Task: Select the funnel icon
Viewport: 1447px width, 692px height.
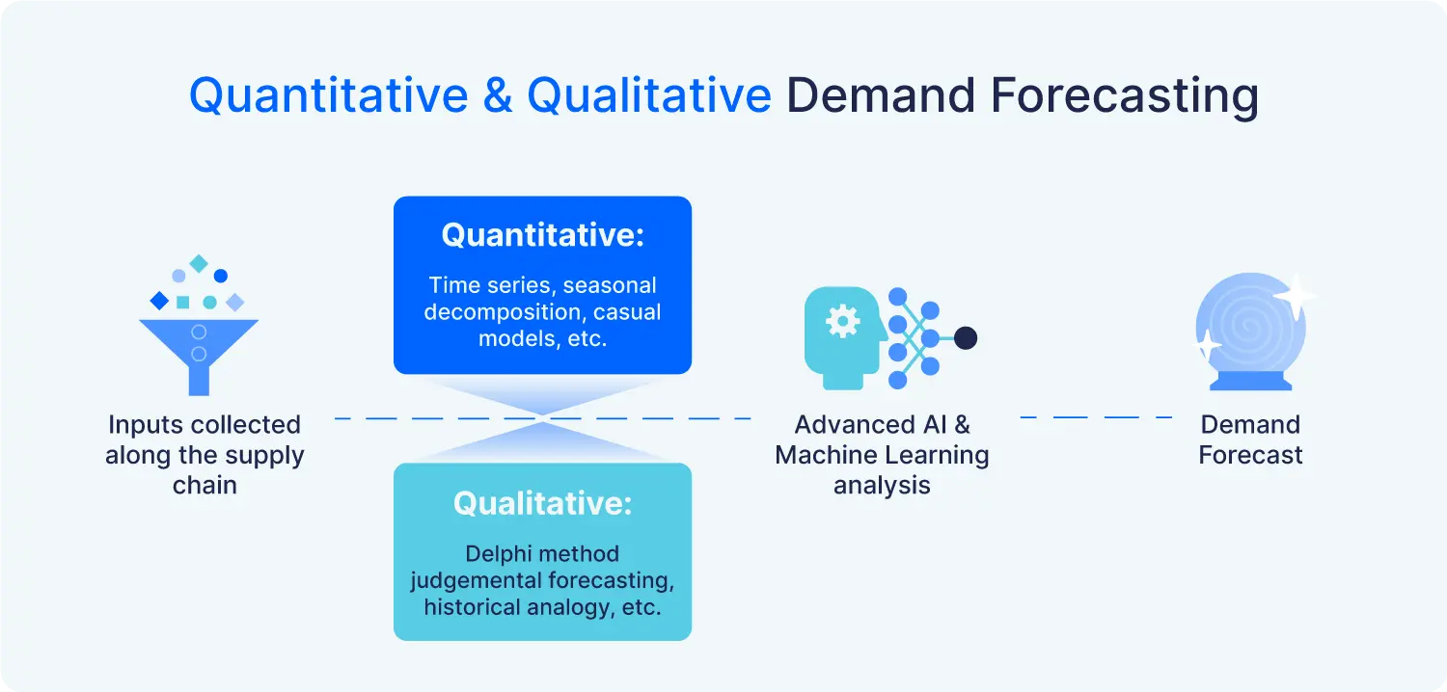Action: pos(199,352)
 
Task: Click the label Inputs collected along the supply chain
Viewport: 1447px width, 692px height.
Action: pos(205,455)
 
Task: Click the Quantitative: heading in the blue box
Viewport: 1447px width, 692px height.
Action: pos(542,235)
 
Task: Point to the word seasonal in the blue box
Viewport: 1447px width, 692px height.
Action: pos(610,285)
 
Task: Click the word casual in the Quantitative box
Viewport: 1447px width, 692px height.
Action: pos(627,312)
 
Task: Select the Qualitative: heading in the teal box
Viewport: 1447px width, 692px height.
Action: pos(542,503)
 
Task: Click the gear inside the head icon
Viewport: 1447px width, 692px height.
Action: pos(842,323)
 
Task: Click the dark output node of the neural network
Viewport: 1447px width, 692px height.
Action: pos(965,338)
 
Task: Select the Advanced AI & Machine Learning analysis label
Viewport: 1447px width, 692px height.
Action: pos(882,455)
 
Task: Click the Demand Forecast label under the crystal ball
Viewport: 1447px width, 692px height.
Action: pos(1250,439)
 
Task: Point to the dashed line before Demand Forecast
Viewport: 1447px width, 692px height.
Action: pos(1096,417)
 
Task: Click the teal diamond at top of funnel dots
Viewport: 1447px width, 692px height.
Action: pos(199,263)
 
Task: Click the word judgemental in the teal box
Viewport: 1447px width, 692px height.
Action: pos(466,581)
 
